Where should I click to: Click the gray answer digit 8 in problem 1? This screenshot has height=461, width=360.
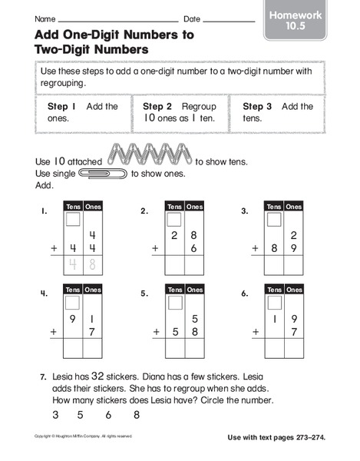(93, 265)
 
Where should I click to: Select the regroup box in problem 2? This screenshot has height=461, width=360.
(173, 220)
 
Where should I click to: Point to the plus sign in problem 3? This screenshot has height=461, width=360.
(256, 248)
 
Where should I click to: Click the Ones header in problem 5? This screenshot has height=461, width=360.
(193, 290)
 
